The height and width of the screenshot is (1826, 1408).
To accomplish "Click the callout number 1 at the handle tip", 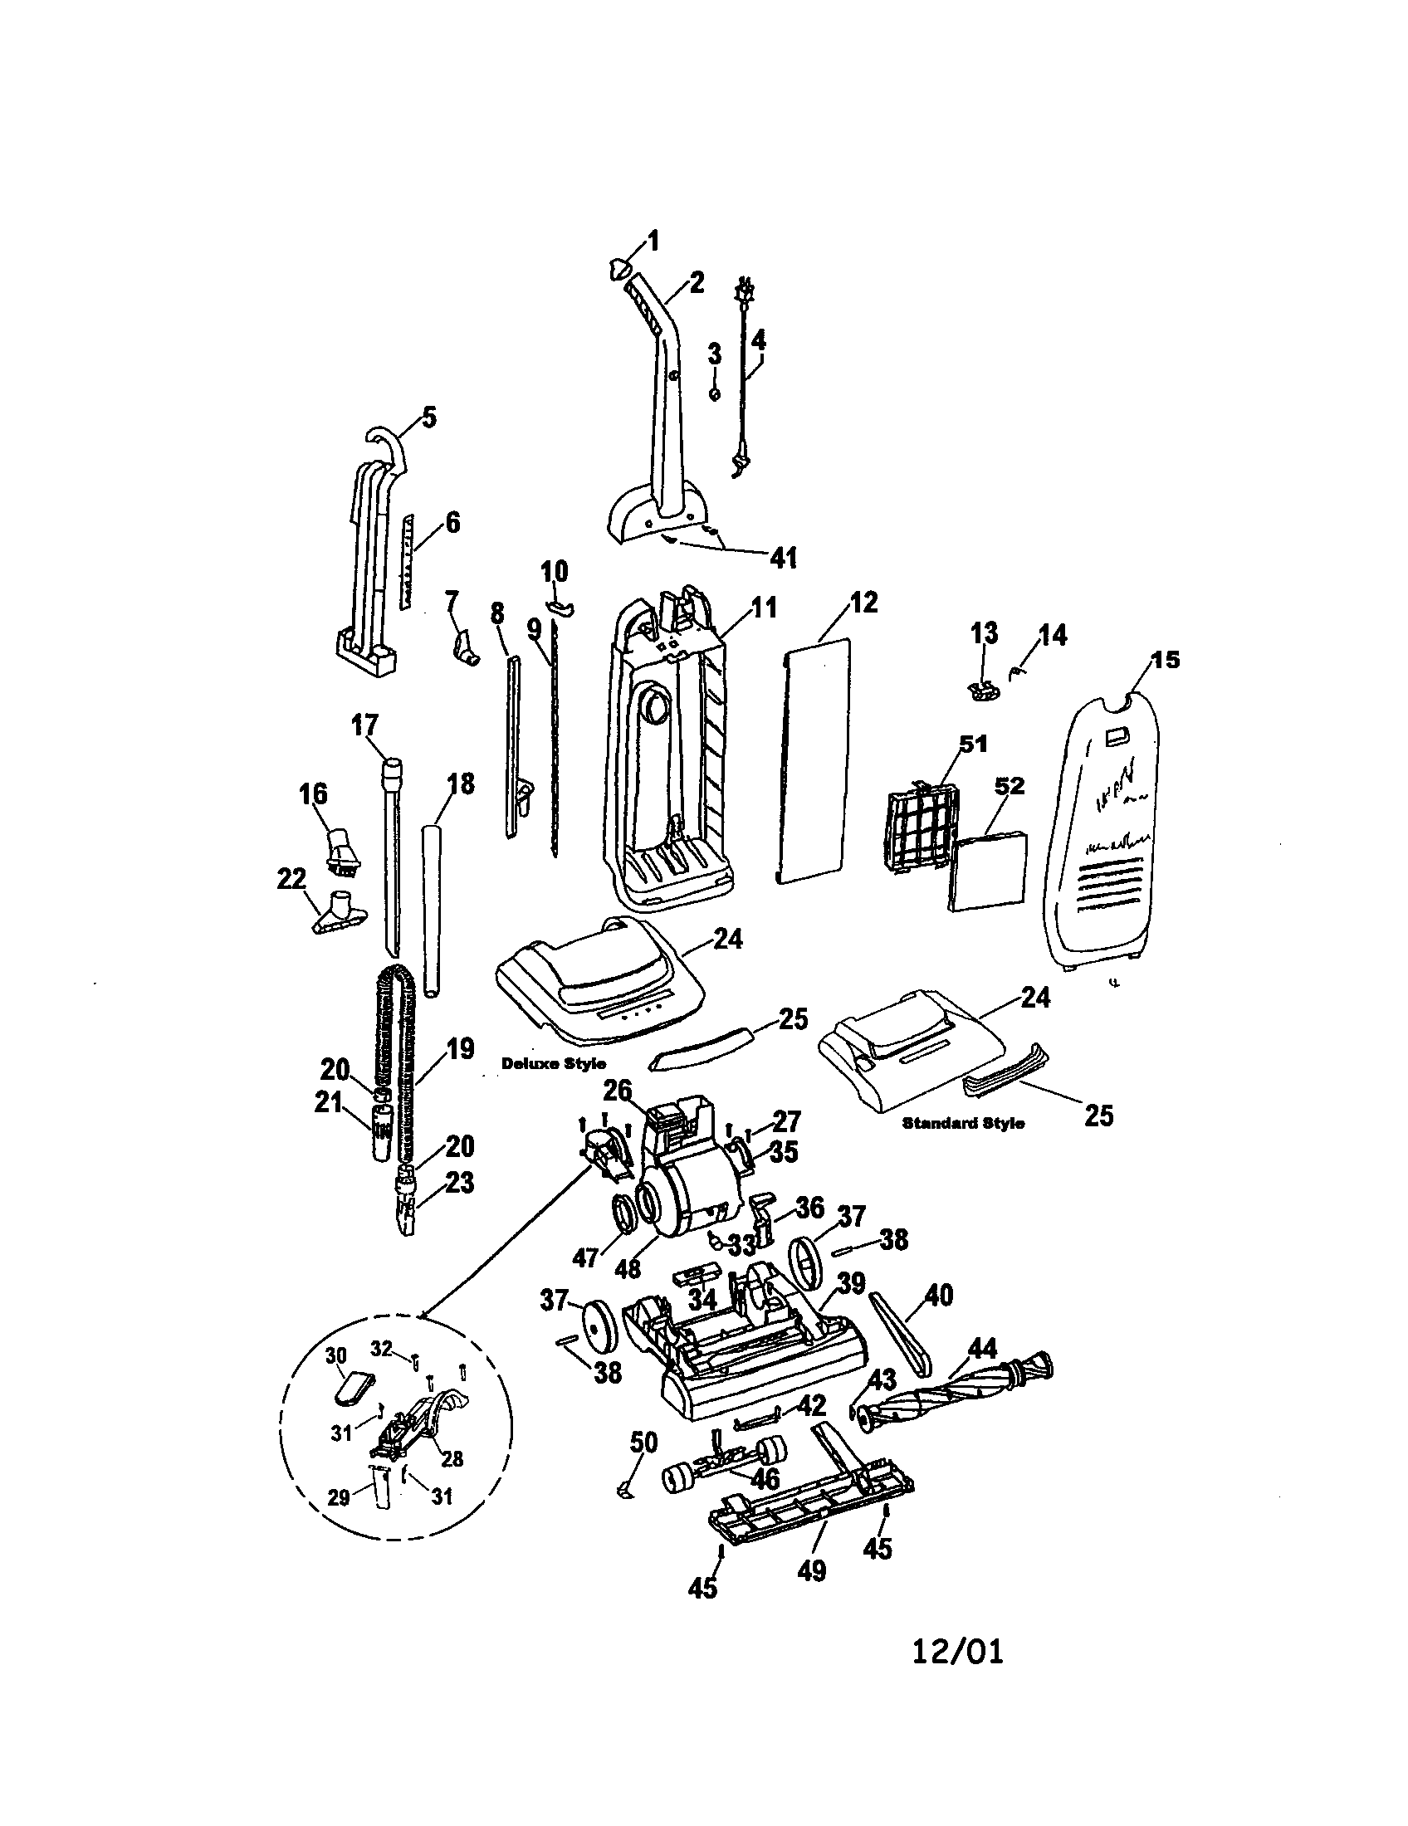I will tap(654, 242).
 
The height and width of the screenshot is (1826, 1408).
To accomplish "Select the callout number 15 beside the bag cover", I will tap(1165, 660).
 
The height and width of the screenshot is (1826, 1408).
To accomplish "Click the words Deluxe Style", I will tap(554, 1063).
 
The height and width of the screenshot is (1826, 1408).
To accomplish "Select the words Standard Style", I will tap(963, 1123).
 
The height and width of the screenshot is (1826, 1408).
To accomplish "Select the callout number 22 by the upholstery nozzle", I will tap(291, 880).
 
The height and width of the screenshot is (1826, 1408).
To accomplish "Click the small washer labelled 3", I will tap(715, 393).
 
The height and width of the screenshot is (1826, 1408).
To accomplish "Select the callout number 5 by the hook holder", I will tap(428, 417).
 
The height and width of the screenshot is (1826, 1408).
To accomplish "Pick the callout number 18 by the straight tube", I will tap(460, 784).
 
